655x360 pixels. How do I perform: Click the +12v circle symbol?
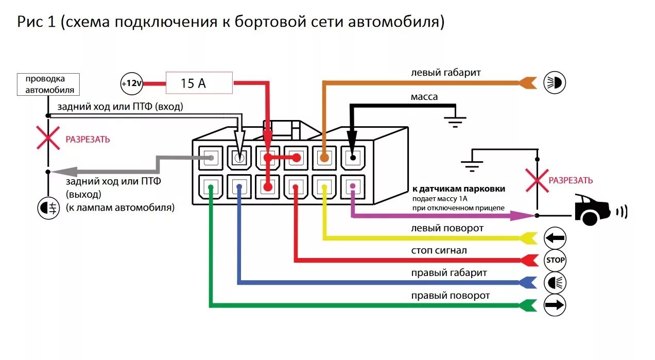click(x=131, y=83)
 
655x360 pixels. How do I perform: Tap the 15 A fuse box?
click(x=199, y=83)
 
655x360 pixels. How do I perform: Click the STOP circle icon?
click(x=555, y=260)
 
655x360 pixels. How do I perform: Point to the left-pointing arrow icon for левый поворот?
click(x=555, y=238)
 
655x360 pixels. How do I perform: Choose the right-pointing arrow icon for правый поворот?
click(x=555, y=305)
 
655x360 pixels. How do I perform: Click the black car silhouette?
click(x=592, y=209)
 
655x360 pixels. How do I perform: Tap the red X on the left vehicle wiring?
click(x=48, y=139)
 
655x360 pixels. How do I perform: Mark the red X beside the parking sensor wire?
click(x=537, y=180)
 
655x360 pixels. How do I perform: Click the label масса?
click(x=424, y=97)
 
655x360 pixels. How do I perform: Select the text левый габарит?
click(x=445, y=73)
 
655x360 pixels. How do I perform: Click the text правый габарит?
click(x=449, y=272)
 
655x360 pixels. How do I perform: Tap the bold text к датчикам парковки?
click(x=458, y=189)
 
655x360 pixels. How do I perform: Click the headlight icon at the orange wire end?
click(x=555, y=82)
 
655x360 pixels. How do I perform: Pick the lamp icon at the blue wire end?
click(x=555, y=282)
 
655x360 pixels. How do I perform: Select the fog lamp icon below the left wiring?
click(x=48, y=209)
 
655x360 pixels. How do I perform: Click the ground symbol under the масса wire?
click(x=455, y=122)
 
